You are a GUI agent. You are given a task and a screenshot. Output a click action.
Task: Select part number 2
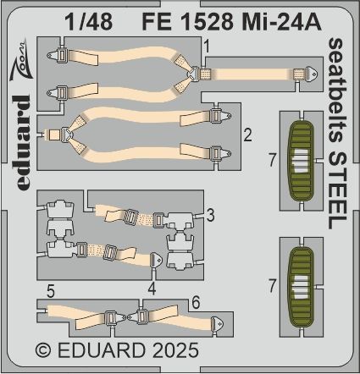(246, 135)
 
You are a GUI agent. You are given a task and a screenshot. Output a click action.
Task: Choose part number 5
(51, 289)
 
